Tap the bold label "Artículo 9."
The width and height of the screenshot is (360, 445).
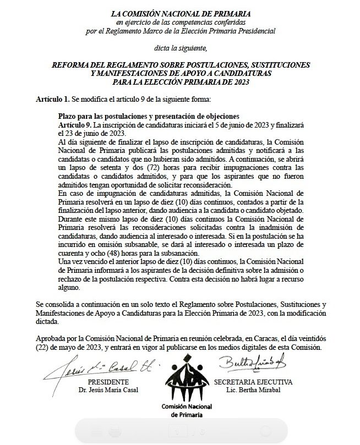(x=75, y=125)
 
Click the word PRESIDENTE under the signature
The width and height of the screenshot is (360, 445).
(x=108, y=381)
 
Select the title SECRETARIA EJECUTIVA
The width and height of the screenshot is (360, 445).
(x=253, y=381)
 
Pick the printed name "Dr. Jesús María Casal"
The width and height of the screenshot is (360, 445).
(x=108, y=389)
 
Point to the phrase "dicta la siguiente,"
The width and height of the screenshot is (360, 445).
(x=181, y=48)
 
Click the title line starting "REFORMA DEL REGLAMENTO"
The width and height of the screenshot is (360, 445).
(x=181, y=65)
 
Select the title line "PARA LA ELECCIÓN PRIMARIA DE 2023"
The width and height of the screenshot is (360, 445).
(x=181, y=82)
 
